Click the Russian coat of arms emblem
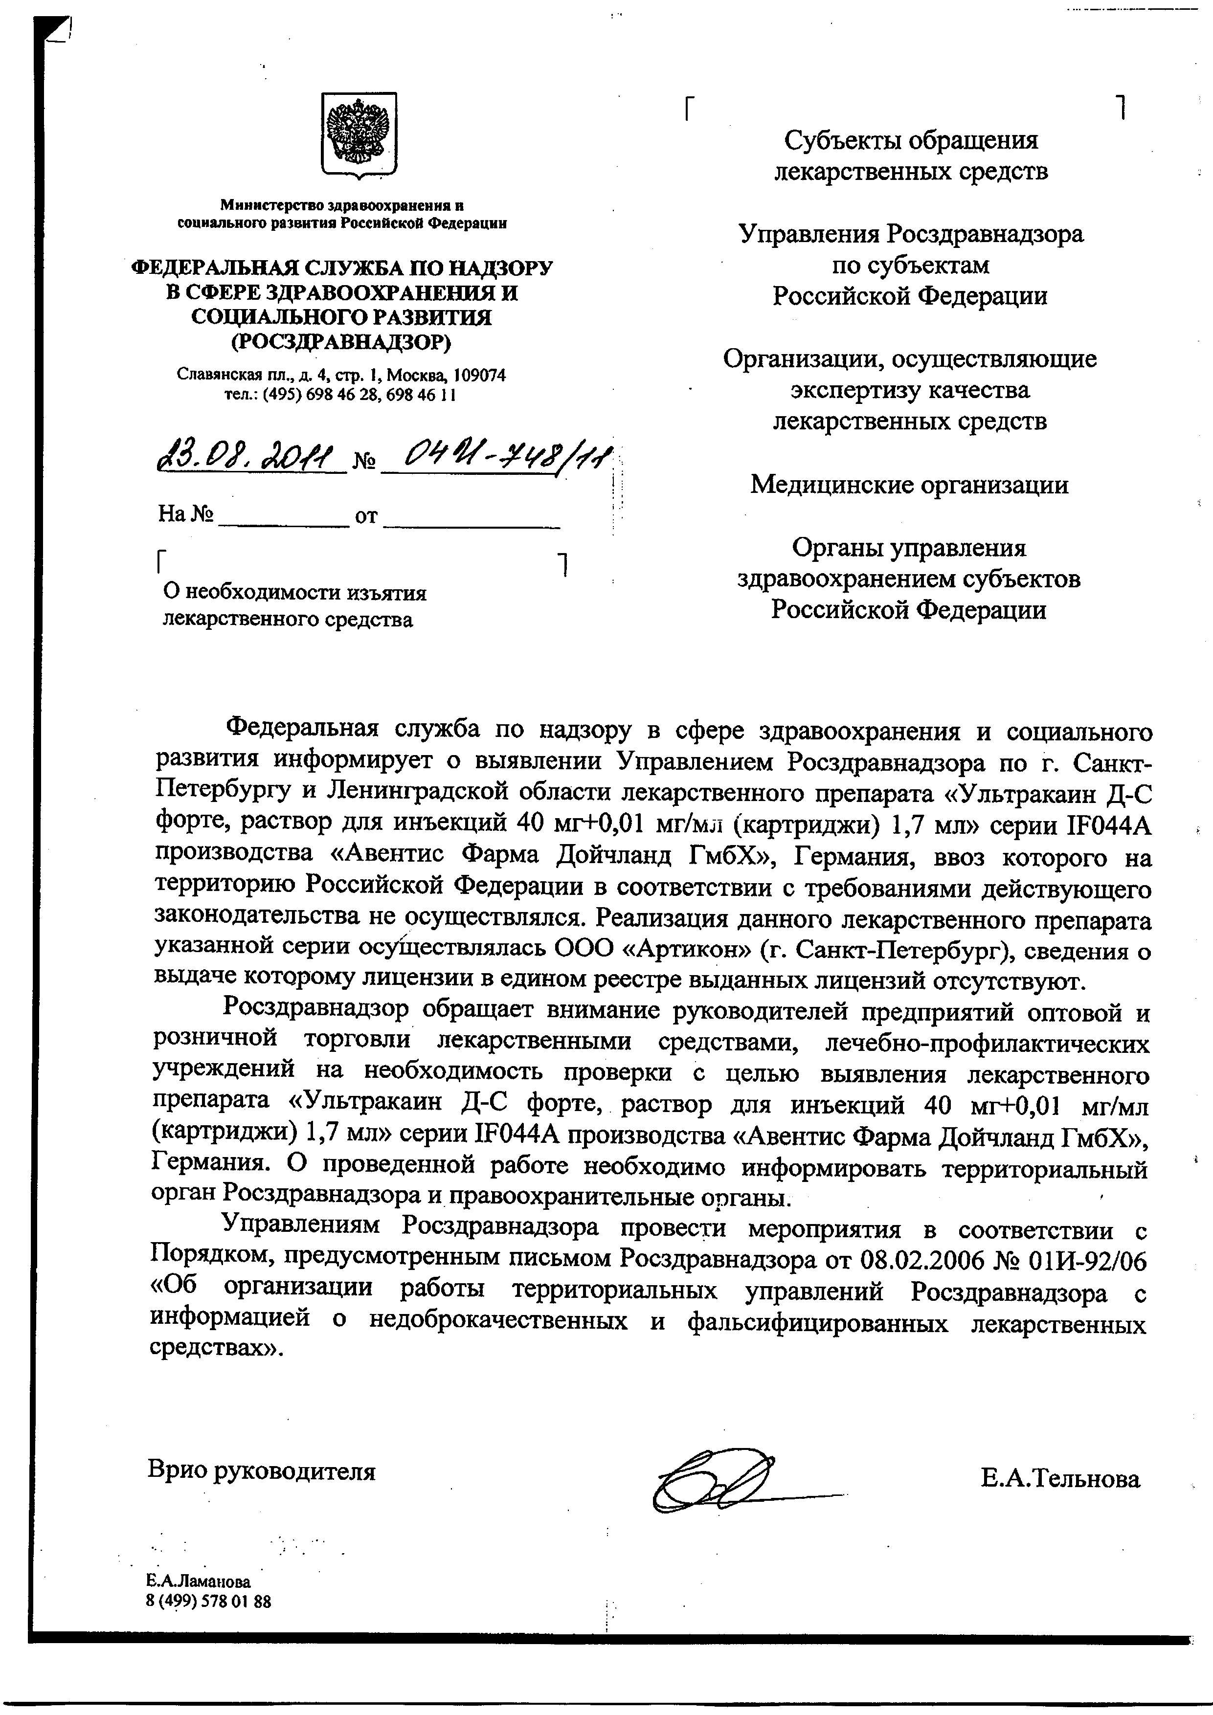click(x=359, y=135)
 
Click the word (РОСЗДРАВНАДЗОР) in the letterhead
click(x=341, y=342)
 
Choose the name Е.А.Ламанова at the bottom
click(x=199, y=1581)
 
